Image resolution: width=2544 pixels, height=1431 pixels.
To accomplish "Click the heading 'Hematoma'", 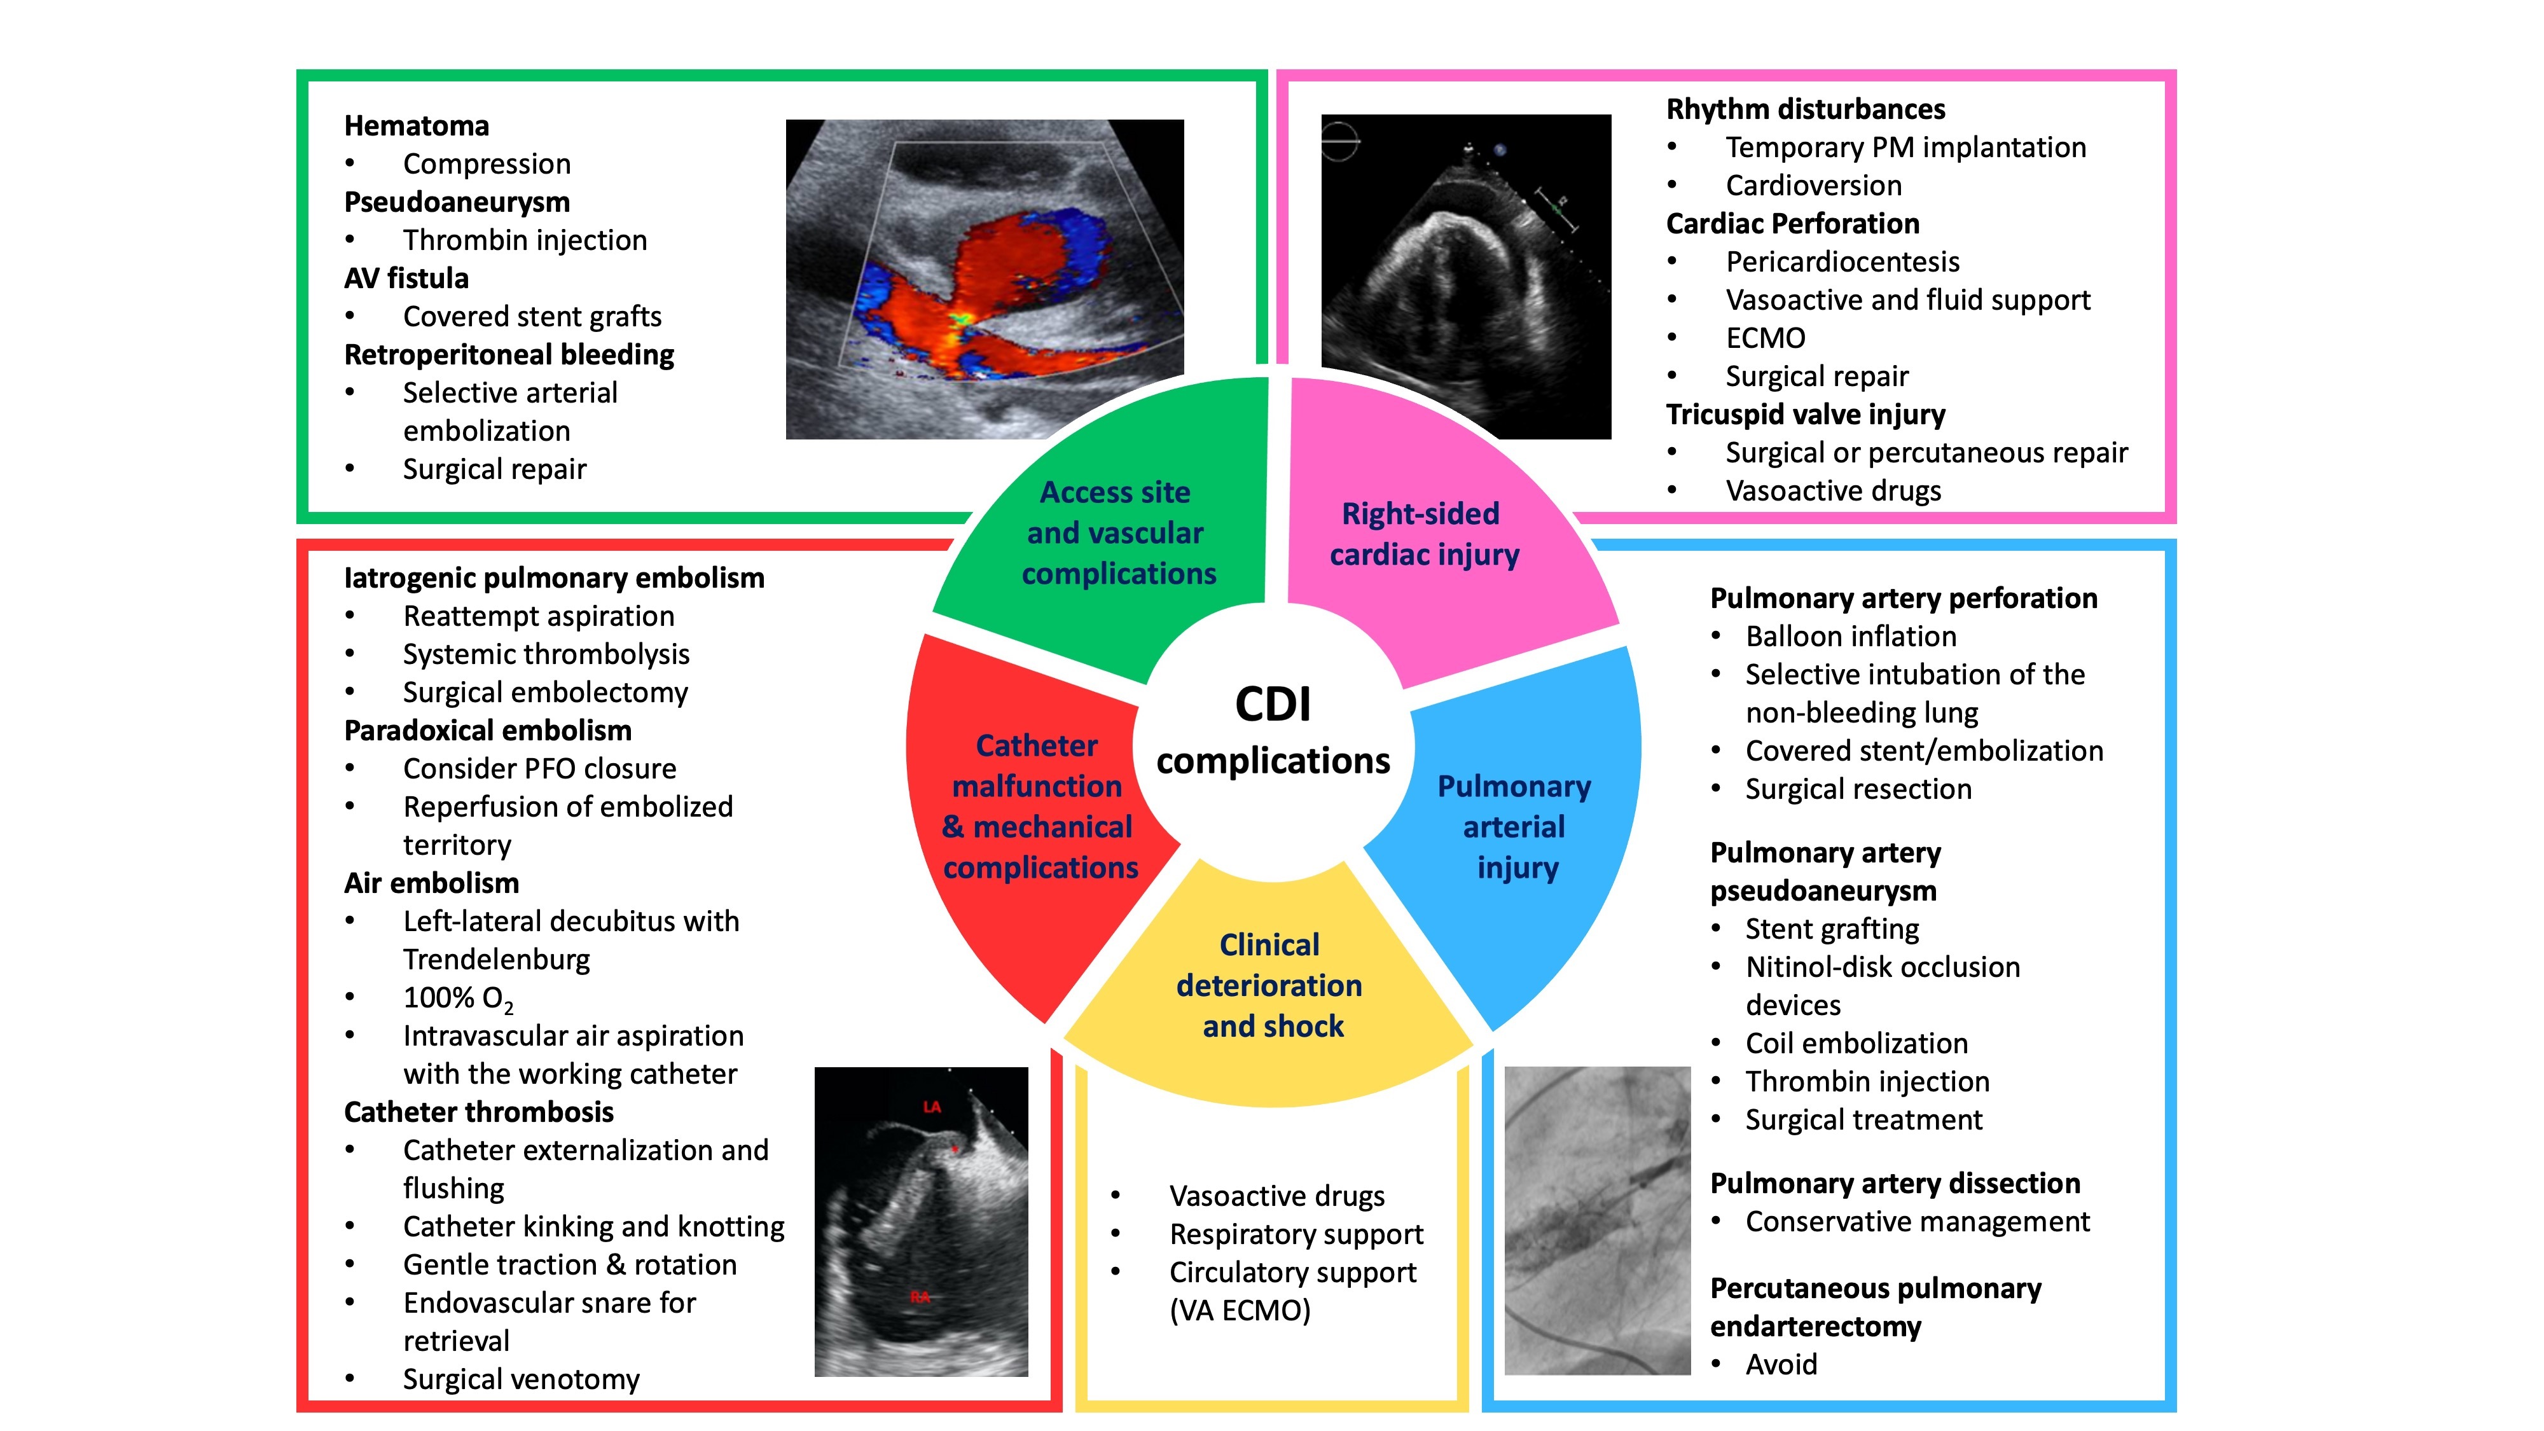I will coord(416,127).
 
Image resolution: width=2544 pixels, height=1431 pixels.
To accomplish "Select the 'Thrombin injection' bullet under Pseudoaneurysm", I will coord(525,240).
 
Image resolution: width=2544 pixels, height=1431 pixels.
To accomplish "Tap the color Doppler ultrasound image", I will coord(984,279).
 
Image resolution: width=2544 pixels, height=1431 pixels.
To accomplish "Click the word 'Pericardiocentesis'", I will coord(1842,261).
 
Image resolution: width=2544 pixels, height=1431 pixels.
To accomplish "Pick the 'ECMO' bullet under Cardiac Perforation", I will coord(1765,338).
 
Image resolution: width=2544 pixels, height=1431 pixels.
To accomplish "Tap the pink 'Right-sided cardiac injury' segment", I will coord(1423,534).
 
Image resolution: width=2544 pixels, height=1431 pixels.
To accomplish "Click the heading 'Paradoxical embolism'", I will coord(487,731).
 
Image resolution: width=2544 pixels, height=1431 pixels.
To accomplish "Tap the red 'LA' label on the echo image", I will coord(931,1107).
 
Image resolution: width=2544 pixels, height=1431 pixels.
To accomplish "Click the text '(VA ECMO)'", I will coord(1240,1311).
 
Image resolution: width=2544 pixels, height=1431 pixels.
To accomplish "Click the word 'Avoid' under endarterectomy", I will coord(1781,1365).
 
